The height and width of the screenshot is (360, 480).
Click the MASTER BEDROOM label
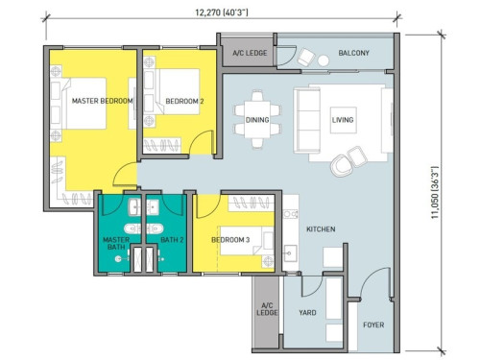click(x=102, y=101)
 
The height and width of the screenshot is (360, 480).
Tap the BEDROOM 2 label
click(x=184, y=101)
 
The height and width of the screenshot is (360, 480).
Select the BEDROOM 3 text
click(x=230, y=240)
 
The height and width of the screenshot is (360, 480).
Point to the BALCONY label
click(x=353, y=53)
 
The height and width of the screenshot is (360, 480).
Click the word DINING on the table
click(x=257, y=120)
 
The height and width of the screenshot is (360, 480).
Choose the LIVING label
click(x=343, y=120)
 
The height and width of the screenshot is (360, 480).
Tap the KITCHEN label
click(x=321, y=229)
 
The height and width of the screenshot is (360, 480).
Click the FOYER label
click(x=373, y=324)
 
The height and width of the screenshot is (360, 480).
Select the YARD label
click(x=307, y=312)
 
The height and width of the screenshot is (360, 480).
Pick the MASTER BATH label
click(x=116, y=243)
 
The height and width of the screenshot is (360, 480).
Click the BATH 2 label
click(x=172, y=240)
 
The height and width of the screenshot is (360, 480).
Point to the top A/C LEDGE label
click(x=250, y=53)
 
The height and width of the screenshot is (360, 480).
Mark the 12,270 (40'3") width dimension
click(x=222, y=12)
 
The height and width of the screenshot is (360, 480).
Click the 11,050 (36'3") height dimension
click(x=435, y=192)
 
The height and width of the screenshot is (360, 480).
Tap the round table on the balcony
click(x=324, y=60)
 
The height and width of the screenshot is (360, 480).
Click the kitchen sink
click(x=291, y=253)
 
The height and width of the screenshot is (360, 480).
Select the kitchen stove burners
click(x=291, y=214)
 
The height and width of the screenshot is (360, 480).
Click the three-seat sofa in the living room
click(x=307, y=120)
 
